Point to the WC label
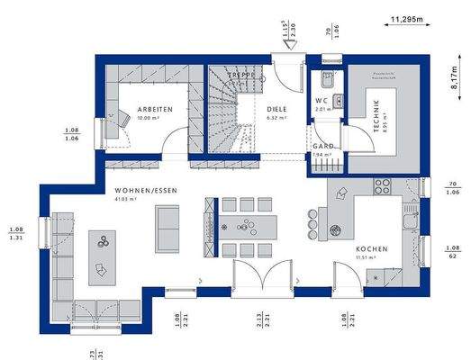click(322, 101)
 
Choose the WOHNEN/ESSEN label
click(140, 191)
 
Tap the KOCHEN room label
click(371, 247)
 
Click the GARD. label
click(322, 146)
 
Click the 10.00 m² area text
click(149, 118)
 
